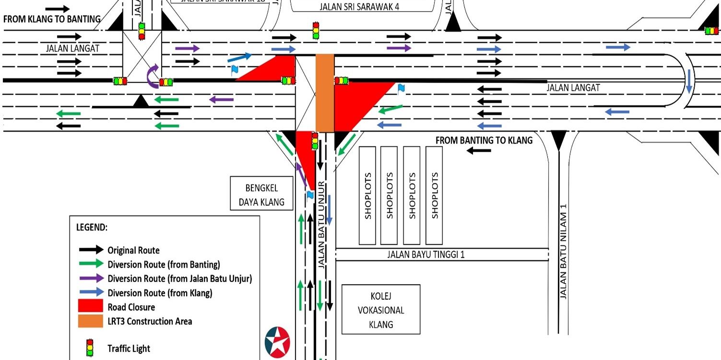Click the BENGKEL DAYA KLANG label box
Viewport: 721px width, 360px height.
[261, 194]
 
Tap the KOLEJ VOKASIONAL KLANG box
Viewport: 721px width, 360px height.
[381, 310]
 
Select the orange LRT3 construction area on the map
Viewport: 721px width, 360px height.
[325, 93]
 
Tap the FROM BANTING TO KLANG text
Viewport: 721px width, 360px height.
[484, 140]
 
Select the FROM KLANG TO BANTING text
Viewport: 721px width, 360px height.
[52, 19]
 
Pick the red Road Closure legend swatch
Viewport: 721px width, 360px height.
[91, 306]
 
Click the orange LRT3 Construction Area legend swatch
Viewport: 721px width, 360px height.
[91, 321]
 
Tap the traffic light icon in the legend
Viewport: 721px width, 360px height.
[89, 348]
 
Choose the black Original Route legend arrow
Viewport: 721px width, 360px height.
[91, 250]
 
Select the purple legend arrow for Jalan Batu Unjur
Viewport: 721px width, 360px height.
[91, 278]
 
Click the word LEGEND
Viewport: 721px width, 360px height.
[92, 227]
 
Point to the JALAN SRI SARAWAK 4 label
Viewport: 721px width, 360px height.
[359, 7]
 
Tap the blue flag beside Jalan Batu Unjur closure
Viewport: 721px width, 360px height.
[309, 195]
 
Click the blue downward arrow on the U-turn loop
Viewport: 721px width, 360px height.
[689, 82]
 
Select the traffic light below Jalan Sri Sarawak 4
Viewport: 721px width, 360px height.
[316, 30]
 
